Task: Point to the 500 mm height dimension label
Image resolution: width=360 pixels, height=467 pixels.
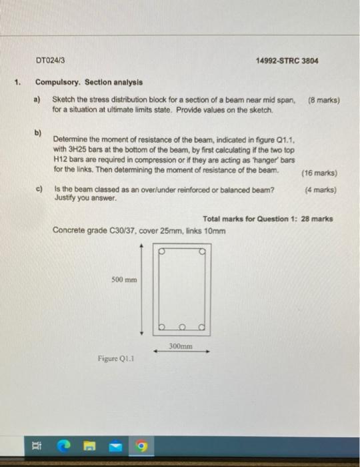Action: click(x=125, y=280)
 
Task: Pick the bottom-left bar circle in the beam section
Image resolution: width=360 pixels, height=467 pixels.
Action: click(x=161, y=327)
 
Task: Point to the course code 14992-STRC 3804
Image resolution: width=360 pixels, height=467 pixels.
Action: click(x=287, y=60)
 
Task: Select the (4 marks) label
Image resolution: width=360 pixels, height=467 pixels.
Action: click(x=321, y=189)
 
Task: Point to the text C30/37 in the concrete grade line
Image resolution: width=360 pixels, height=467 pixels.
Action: click(x=122, y=231)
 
